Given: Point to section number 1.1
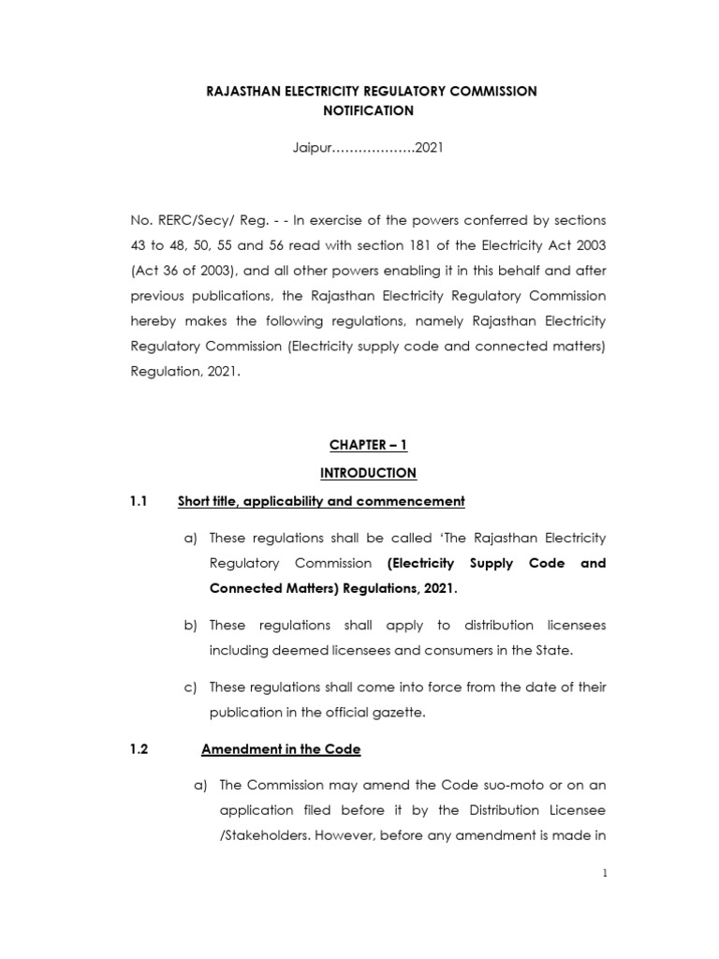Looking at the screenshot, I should point(139,501).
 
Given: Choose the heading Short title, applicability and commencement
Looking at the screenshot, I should point(321,501).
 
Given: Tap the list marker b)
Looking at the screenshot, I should point(191,625).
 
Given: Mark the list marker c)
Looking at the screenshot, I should point(191,686).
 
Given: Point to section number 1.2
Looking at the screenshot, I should point(139,749).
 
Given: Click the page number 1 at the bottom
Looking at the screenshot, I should point(605,874).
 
